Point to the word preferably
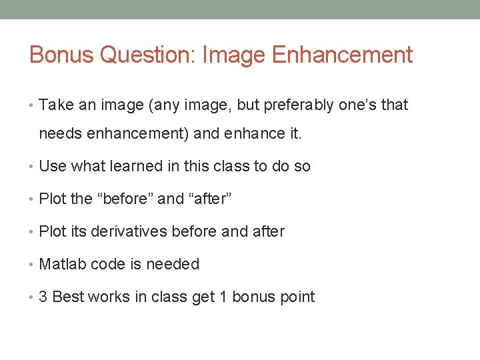pyautogui.click(x=298, y=105)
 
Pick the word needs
pyautogui.click(x=58, y=134)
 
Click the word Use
pyautogui.click(x=53, y=166)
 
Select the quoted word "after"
pyautogui.click(x=211, y=199)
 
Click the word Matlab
pyautogui.click(x=61, y=264)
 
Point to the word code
pyautogui.click(x=108, y=264)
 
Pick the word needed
pyautogui.click(x=173, y=264)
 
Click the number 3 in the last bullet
pyautogui.click(x=43, y=297)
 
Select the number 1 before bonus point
pyautogui.click(x=223, y=297)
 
